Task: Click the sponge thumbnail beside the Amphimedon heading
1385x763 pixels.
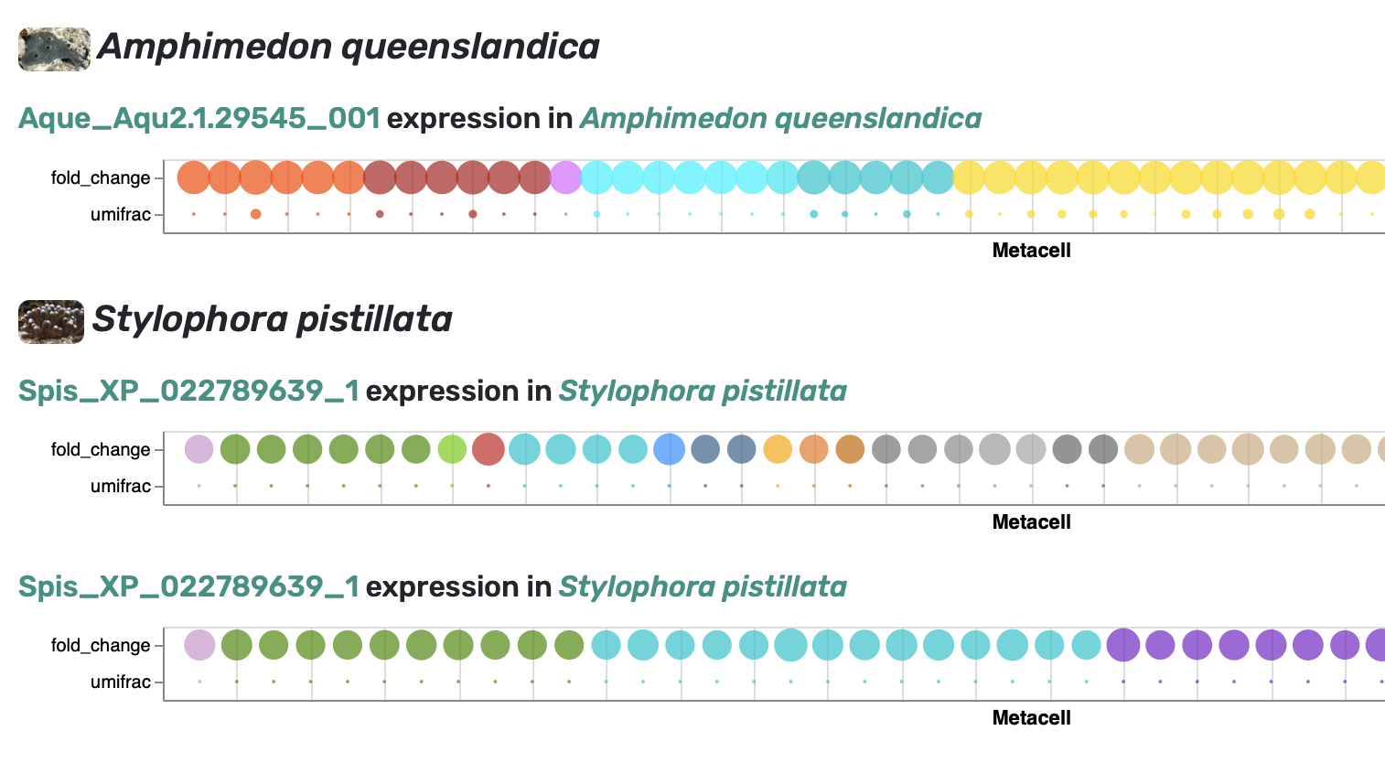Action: (x=54, y=49)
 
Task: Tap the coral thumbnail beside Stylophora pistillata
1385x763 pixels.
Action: (x=51, y=321)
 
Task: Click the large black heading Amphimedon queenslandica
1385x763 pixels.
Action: (x=348, y=47)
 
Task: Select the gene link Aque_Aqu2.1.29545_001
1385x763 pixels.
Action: (x=199, y=118)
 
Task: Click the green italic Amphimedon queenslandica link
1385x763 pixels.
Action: (x=780, y=118)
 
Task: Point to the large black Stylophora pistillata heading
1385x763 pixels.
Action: (x=272, y=319)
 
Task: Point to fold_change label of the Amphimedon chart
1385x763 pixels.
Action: (x=101, y=177)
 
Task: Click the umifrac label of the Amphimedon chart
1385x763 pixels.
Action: (x=120, y=215)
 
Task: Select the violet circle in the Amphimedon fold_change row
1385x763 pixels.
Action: (x=566, y=177)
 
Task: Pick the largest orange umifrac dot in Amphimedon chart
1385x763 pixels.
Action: (x=255, y=214)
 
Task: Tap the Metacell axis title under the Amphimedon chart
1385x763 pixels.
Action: (x=1031, y=250)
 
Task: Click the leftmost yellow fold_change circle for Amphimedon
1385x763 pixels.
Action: (x=969, y=177)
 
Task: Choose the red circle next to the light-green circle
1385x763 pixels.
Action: (x=489, y=449)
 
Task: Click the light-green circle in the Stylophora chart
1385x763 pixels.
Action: (x=453, y=449)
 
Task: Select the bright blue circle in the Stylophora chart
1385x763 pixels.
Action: (x=670, y=449)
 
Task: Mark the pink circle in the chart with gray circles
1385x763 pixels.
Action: (x=199, y=449)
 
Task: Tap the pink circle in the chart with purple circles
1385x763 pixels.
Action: (x=199, y=645)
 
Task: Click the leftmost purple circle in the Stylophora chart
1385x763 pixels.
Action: (x=1122, y=645)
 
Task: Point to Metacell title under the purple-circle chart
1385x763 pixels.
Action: (x=1031, y=717)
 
